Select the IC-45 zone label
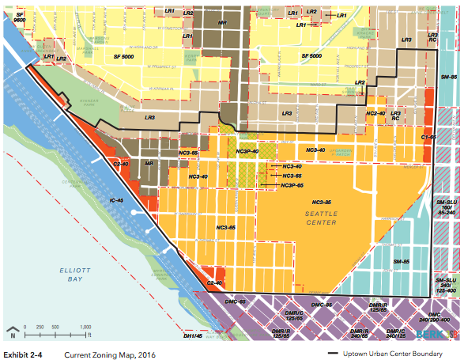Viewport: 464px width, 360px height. tap(117, 201)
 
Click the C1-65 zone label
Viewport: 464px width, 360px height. tap(428, 137)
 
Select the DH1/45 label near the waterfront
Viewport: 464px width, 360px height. tap(194, 336)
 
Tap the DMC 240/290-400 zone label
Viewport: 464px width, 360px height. tap(445, 317)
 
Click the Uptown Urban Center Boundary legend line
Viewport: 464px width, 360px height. tap(338, 353)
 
